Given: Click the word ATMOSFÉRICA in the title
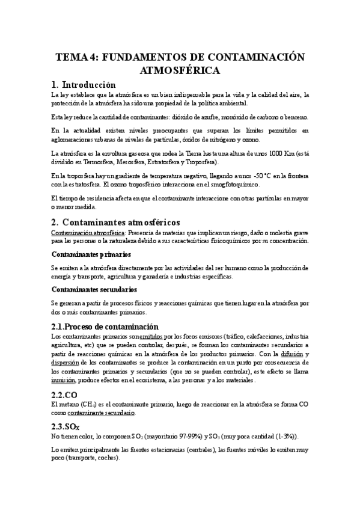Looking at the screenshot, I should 180,70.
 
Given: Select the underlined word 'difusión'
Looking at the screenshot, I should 291,354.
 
